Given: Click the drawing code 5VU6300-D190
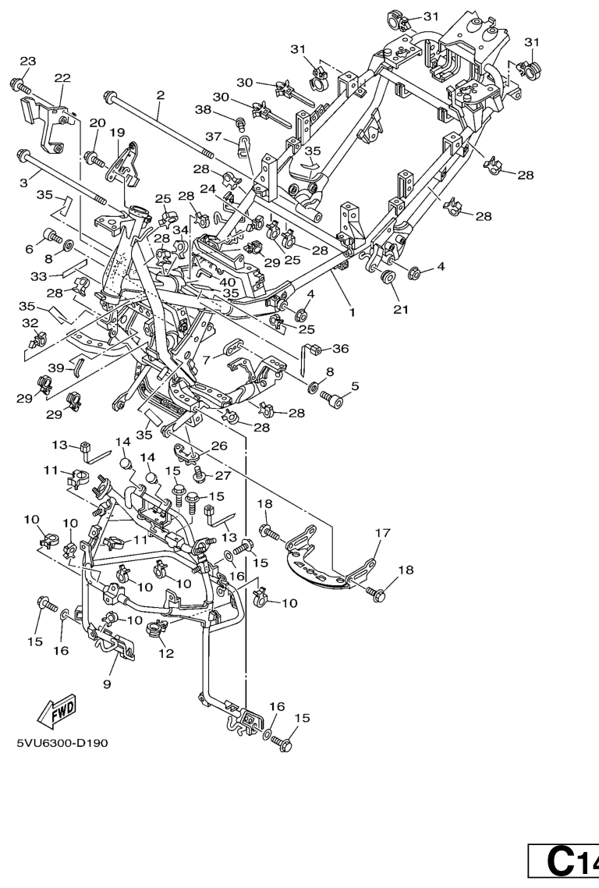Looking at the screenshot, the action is pos(62,742).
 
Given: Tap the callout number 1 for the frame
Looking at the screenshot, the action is pos(352,311).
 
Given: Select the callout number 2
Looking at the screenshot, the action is pos(160,94).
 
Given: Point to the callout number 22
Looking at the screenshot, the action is pos(62,77).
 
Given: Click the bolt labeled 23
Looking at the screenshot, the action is pos(19,86).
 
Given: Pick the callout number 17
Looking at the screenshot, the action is pos(383,532).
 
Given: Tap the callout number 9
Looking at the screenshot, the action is pos(107,684).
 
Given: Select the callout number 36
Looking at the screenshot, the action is pos(340,348).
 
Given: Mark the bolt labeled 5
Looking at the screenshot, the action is pos(331,400).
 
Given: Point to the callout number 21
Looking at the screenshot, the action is pos(400,309).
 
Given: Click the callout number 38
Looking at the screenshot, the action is pos(203,110).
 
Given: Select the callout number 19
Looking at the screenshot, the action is pos(117,133).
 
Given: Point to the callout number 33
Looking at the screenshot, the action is pos(38,276).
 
